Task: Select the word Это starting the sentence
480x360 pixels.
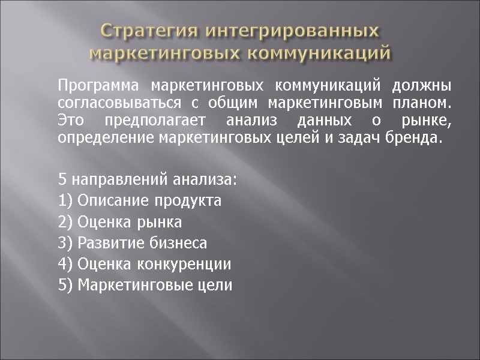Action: [x=71, y=120]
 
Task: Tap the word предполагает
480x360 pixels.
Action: [x=160, y=121]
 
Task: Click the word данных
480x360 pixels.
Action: [x=324, y=120]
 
